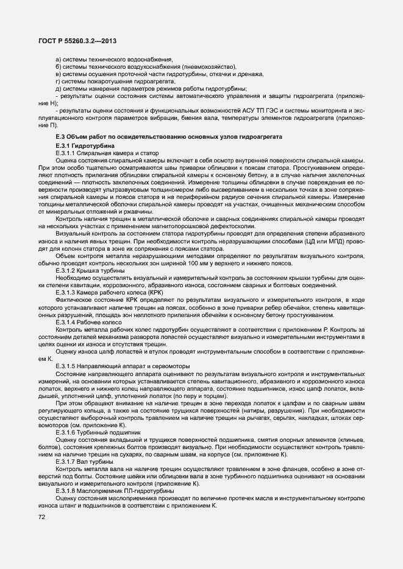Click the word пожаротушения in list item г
pos(101,81)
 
